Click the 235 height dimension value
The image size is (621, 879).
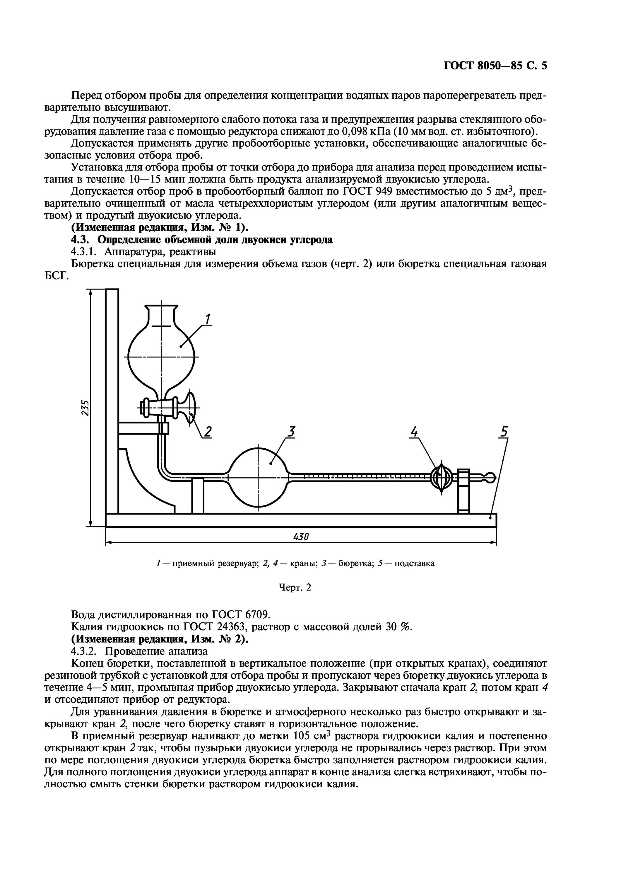(85, 408)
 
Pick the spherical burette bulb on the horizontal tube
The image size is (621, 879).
(258, 478)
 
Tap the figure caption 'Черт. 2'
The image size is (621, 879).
(294, 587)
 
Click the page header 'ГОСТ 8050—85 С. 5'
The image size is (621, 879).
(495, 66)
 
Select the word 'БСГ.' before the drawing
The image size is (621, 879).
(57, 276)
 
